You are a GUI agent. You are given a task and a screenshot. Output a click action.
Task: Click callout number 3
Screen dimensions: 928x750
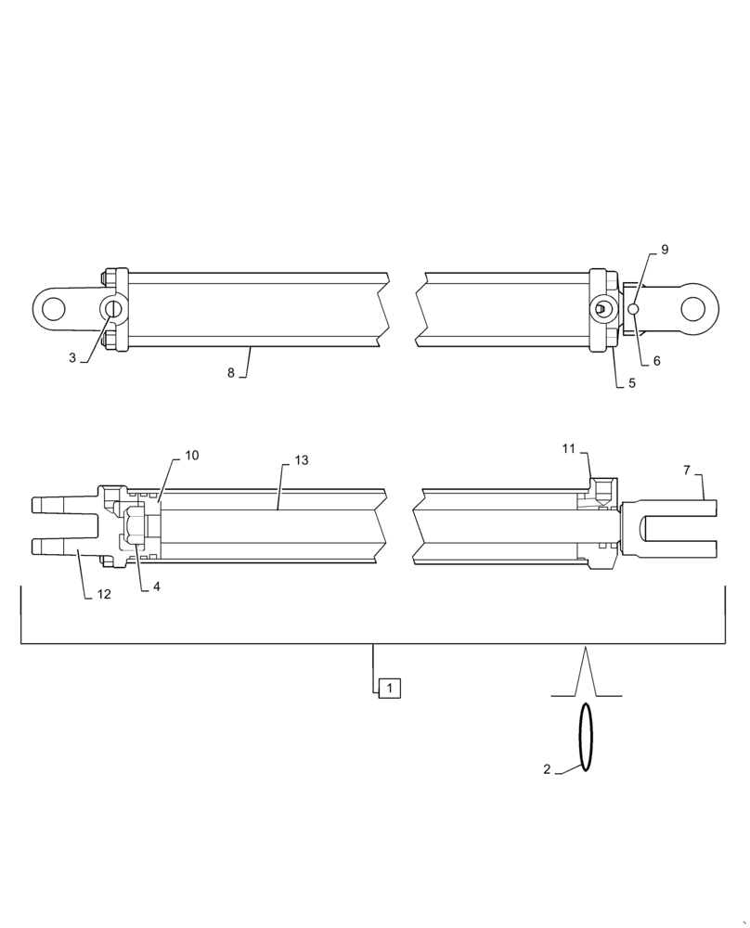(x=72, y=357)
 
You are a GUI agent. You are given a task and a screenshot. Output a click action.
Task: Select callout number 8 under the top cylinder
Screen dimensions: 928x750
(x=231, y=372)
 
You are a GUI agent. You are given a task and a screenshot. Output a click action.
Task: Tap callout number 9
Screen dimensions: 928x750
(x=665, y=250)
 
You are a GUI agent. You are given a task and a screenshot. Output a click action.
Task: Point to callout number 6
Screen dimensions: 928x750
(x=656, y=361)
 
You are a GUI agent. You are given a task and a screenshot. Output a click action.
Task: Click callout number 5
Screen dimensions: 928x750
(x=632, y=382)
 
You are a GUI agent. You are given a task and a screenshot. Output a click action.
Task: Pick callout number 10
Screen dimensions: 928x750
(x=192, y=455)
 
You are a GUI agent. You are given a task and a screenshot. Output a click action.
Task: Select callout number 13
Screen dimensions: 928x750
(x=301, y=460)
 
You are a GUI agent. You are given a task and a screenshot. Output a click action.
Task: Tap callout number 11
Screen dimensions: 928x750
(x=569, y=448)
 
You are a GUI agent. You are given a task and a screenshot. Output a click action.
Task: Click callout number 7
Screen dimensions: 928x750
(x=687, y=470)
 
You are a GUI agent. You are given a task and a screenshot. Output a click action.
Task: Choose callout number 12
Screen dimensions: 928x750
(x=104, y=594)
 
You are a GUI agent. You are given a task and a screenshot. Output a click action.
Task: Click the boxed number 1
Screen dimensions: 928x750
(x=390, y=689)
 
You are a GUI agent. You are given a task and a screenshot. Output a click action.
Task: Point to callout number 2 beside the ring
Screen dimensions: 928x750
(x=548, y=768)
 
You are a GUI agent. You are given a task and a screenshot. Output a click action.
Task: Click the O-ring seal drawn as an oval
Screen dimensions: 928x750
(x=586, y=737)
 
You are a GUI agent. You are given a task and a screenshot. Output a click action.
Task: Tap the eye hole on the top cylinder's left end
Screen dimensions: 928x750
(x=56, y=308)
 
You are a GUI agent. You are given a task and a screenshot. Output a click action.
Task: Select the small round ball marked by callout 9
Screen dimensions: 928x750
(x=634, y=309)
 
